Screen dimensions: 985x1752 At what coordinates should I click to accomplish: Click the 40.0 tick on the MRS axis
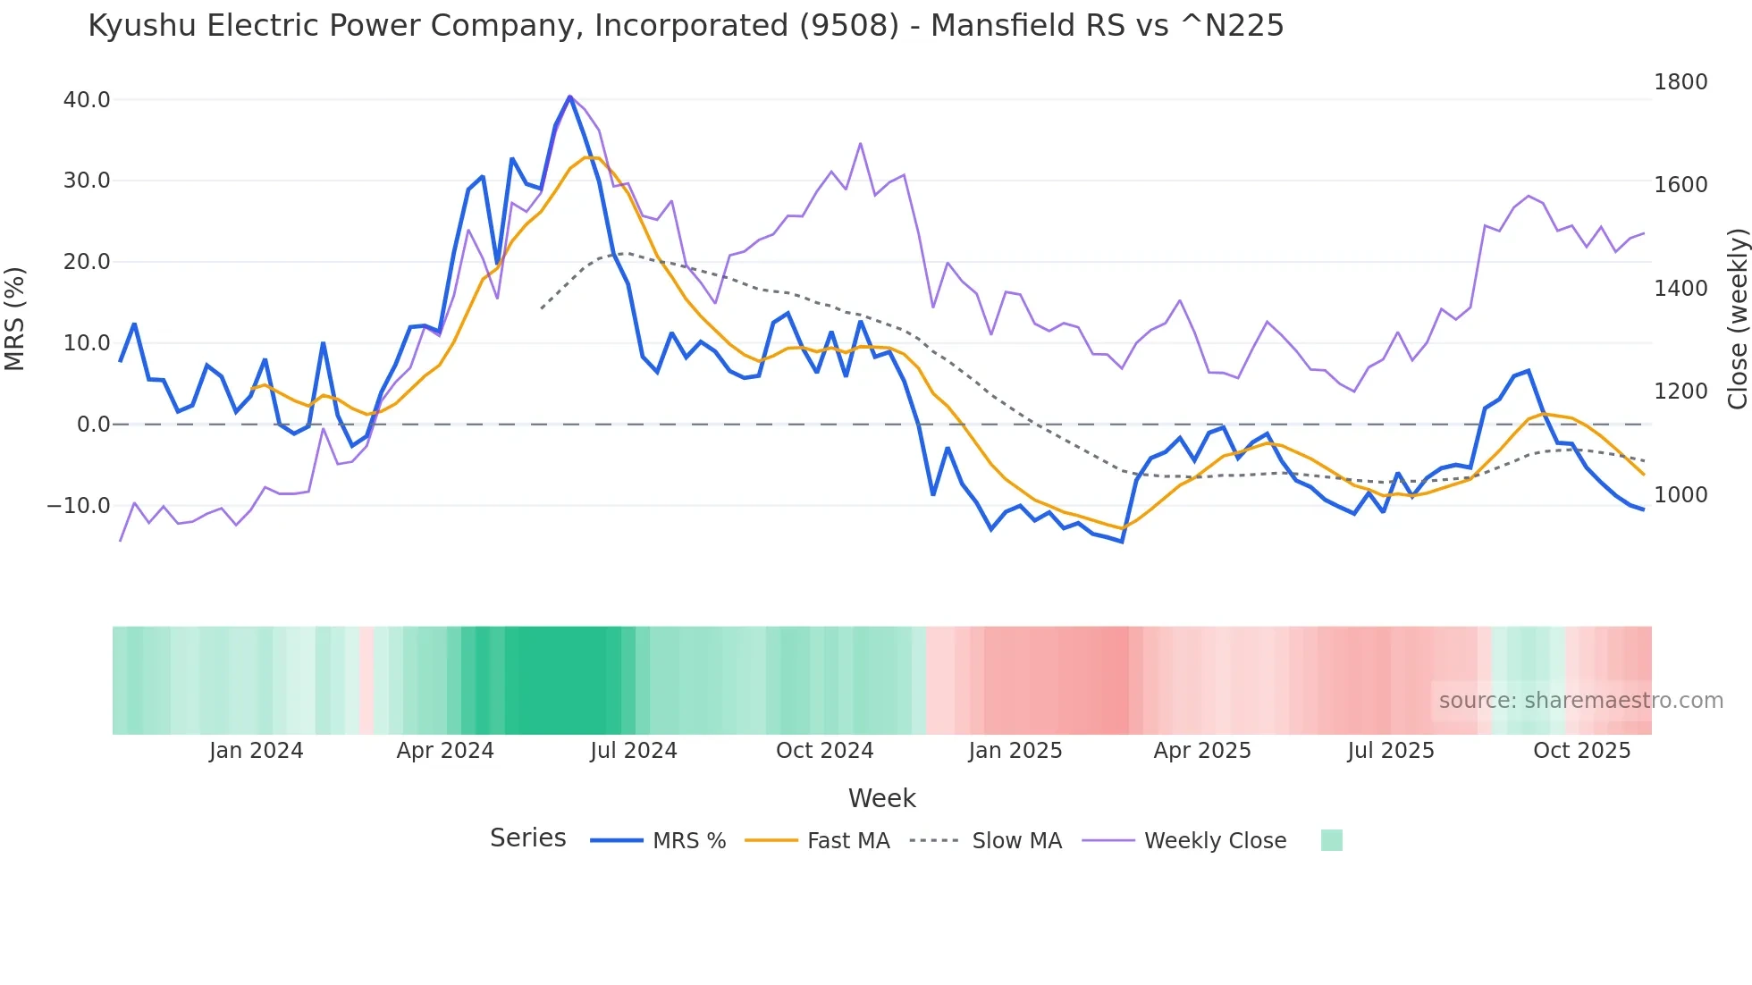coord(87,100)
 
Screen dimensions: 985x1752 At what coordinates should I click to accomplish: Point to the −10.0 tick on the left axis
coord(79,506)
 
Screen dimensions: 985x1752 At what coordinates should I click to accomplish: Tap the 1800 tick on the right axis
coord(1680,82)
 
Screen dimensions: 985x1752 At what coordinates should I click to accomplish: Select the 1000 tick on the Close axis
coord(1680,495)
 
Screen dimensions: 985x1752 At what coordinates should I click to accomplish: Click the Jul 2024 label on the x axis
coord(633,751)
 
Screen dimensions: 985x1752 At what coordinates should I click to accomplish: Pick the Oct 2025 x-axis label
coord(1581,751)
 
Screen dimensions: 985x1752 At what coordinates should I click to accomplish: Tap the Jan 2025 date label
coord(1015,751)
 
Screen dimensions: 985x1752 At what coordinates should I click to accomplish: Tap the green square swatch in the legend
coord(1331,840)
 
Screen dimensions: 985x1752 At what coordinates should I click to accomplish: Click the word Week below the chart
coord(881,798)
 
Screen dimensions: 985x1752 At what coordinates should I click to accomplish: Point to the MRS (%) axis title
coord(15,318)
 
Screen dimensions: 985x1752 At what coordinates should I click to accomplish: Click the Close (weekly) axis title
coord(1737,318)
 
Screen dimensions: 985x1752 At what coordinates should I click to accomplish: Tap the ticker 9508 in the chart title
coord(848,26)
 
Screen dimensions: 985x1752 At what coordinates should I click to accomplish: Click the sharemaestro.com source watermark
coord(1580,701)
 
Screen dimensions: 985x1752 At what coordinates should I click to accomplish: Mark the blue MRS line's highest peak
coord(570,97)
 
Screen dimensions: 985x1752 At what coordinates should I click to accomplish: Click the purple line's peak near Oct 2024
coord(860,144)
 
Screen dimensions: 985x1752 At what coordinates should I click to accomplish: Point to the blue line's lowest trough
coord(1122,542)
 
